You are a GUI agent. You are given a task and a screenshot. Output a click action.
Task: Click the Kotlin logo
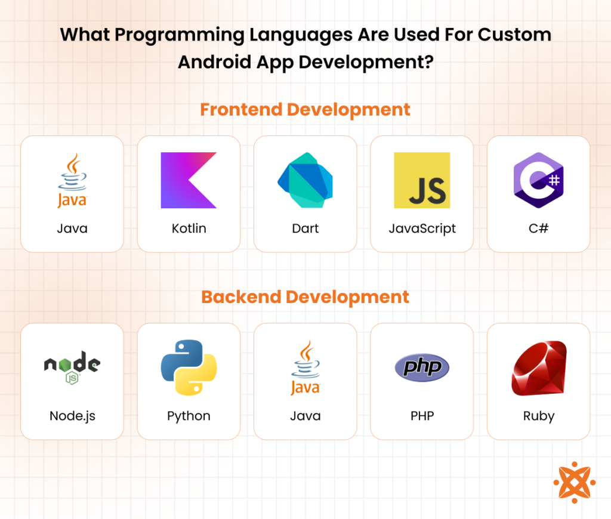click(x=189, y=180)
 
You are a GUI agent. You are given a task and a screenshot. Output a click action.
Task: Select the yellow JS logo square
click(x=422, y=180)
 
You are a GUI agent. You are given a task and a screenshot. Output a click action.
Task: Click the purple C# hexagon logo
click(x=538, y=180)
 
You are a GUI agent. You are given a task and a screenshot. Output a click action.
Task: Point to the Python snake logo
click(x=189, y=367)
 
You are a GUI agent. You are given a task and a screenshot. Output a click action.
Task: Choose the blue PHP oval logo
click(x=422, y=367)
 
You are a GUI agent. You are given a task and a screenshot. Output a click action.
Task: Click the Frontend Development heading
click(x=305, y=110)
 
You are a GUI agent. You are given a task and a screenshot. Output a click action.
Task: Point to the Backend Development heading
click(x=305, y=297)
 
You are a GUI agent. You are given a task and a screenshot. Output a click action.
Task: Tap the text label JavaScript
click(x=422, y=228)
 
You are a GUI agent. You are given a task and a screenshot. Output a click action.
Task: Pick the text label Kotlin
click(x=189, y=228)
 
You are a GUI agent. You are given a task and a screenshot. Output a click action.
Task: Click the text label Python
click(x=189, y=416)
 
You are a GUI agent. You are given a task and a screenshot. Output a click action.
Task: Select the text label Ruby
click(x=538, y=416)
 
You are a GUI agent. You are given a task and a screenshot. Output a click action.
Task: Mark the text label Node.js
click(x=72, y=416)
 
